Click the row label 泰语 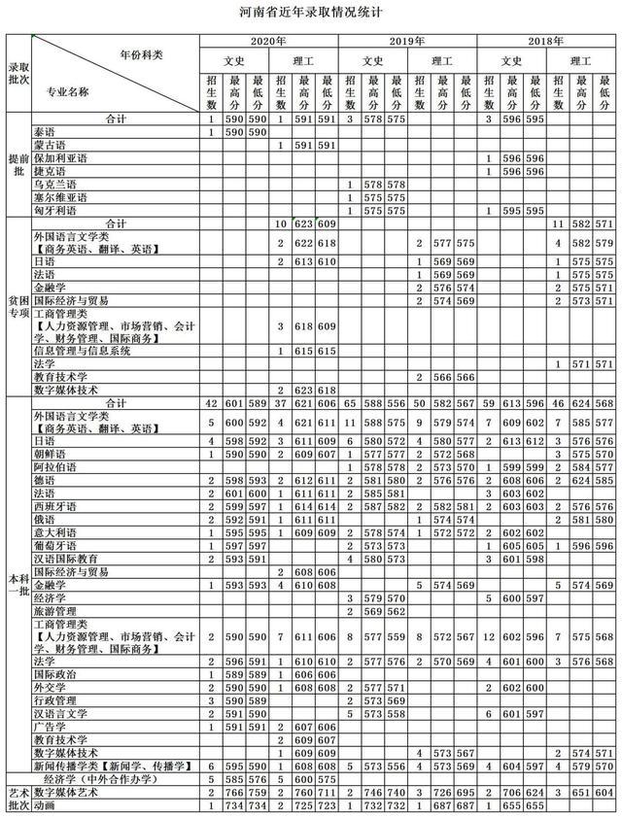44,131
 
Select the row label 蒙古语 50,145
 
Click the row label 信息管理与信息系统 84,351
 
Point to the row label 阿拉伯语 55,466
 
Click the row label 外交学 50,686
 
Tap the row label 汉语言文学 60,712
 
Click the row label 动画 44,805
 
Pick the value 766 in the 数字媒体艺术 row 232,793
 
